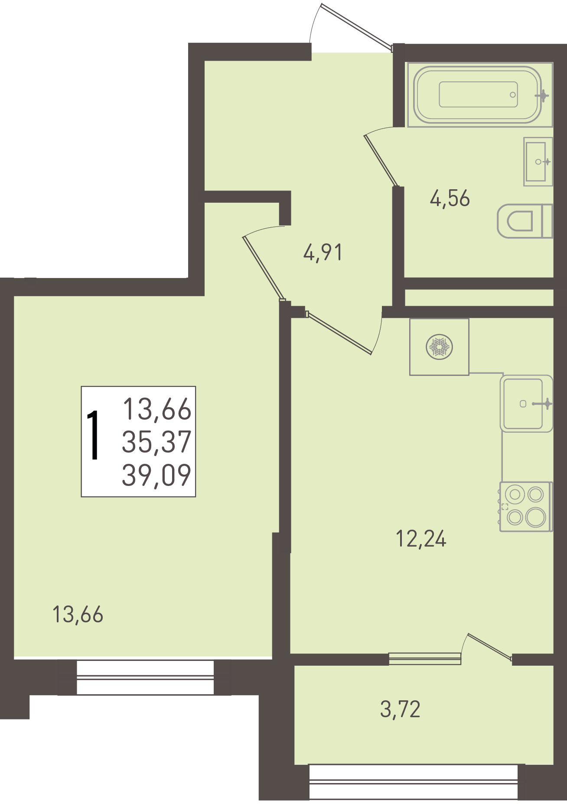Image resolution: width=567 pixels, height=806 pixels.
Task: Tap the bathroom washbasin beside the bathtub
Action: tap(538, 162)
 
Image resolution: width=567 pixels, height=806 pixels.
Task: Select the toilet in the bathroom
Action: tap(525, 221)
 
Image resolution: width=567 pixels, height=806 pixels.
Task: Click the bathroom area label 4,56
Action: tap(450, 199)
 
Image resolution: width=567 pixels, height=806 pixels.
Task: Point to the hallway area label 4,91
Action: tap(323, 252)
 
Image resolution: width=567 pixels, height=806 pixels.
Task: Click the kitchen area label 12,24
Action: tap(421, 539)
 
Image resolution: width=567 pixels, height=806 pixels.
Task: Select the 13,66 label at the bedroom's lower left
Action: tap(78, 615)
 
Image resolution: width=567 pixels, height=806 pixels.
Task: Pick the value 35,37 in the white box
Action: tap(156, 442)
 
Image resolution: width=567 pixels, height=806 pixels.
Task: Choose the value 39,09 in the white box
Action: tap(156, 475)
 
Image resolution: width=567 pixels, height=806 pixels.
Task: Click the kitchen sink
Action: tap(526, 404)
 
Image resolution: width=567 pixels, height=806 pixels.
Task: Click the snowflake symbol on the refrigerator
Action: tap(439, 347)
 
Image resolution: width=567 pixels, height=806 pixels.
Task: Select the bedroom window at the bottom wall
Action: tap(145, 677)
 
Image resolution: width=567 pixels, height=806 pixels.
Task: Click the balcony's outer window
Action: tap(414, 782)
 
